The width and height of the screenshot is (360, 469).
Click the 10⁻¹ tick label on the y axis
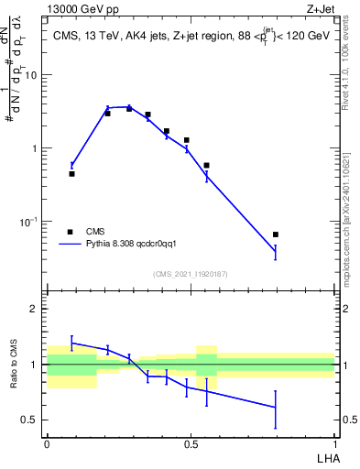(30, 222)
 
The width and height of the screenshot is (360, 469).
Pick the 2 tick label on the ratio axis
(35, 309)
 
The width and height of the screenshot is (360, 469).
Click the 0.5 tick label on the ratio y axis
(30, 420)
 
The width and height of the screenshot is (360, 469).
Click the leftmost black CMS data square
(71, 173)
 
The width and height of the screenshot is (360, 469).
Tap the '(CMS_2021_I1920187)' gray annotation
(190, 275)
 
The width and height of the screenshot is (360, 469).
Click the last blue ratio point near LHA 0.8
(276, 407)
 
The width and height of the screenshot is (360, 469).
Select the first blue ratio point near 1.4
(71, 343)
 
